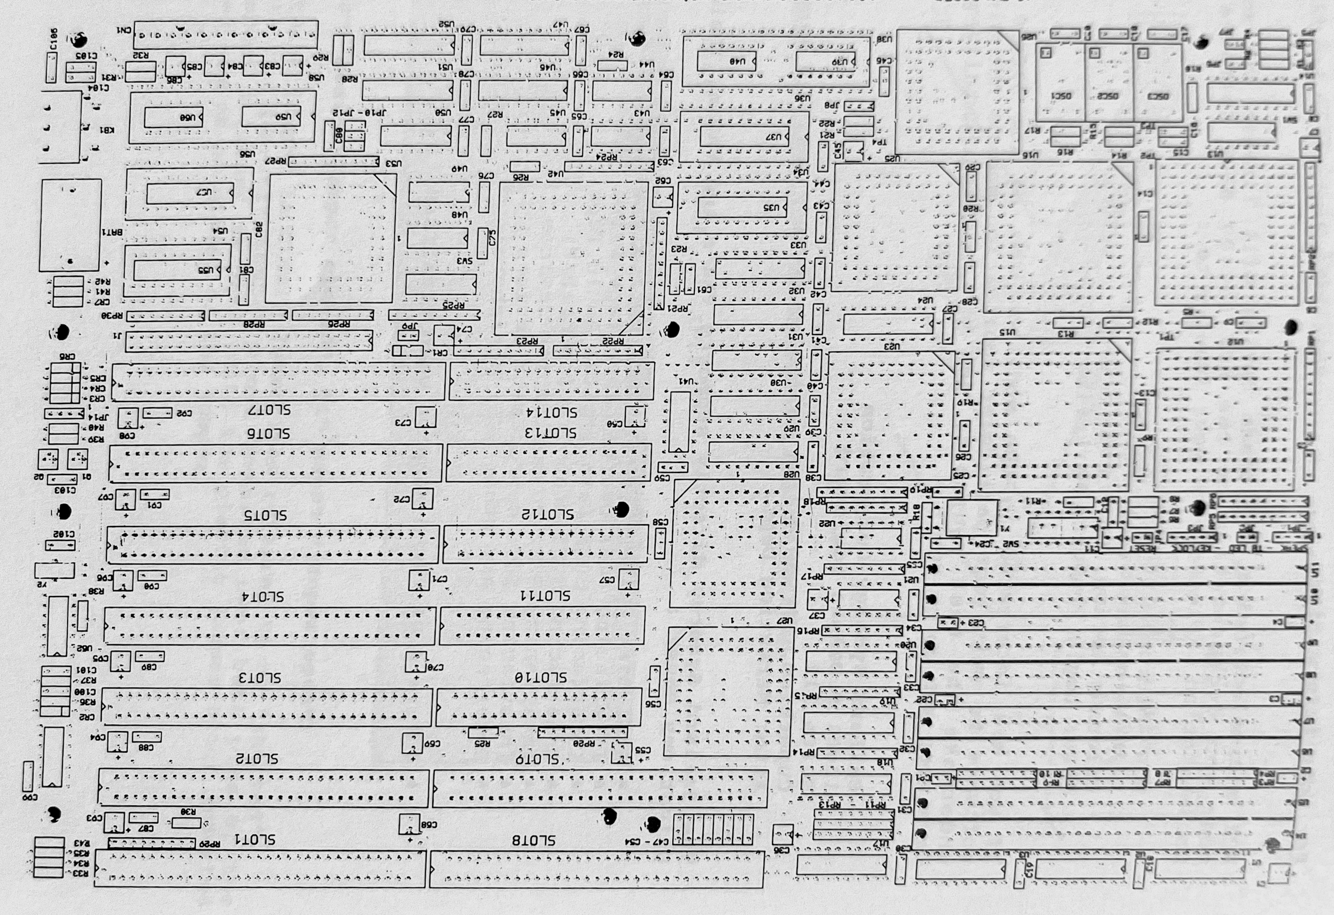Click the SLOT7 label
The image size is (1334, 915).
269,411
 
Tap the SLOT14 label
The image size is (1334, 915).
551,413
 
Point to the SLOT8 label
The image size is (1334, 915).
533,840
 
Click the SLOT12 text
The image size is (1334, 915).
547,514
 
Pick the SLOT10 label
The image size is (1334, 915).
540,677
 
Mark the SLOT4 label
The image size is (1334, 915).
263,596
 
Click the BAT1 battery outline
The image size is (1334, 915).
70,225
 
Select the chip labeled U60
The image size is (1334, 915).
173,118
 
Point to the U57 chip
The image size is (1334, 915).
189,193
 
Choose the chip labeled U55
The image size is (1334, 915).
177,269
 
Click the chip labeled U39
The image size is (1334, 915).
825,61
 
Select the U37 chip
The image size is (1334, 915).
744,136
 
